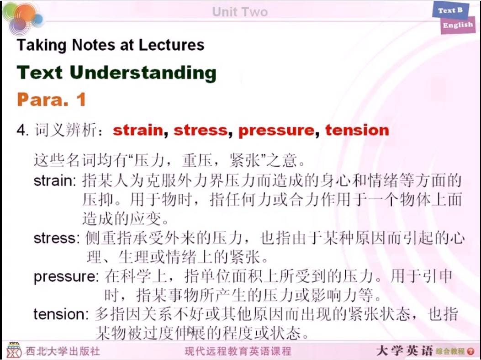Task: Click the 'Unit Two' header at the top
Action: point(240,12)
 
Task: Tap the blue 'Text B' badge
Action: point(451,11)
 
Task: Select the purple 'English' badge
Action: point(458,25)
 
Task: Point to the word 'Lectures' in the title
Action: point(171,45)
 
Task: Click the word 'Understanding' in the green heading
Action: point(143,73)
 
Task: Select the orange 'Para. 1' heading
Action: point(51,100)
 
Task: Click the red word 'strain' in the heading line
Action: point(138,130)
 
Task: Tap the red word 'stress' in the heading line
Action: point(201,130)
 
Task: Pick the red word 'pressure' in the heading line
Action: point(276,131)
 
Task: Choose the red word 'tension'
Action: point(357,130)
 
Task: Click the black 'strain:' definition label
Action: point(55,181)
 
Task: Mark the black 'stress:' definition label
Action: point(57,238)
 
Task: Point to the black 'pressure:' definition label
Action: point(66,277)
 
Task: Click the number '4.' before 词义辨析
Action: point(23,130)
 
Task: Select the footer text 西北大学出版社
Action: point(63,351)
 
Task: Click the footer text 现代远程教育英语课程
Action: point(238,351)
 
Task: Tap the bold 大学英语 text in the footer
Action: point(405,350)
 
